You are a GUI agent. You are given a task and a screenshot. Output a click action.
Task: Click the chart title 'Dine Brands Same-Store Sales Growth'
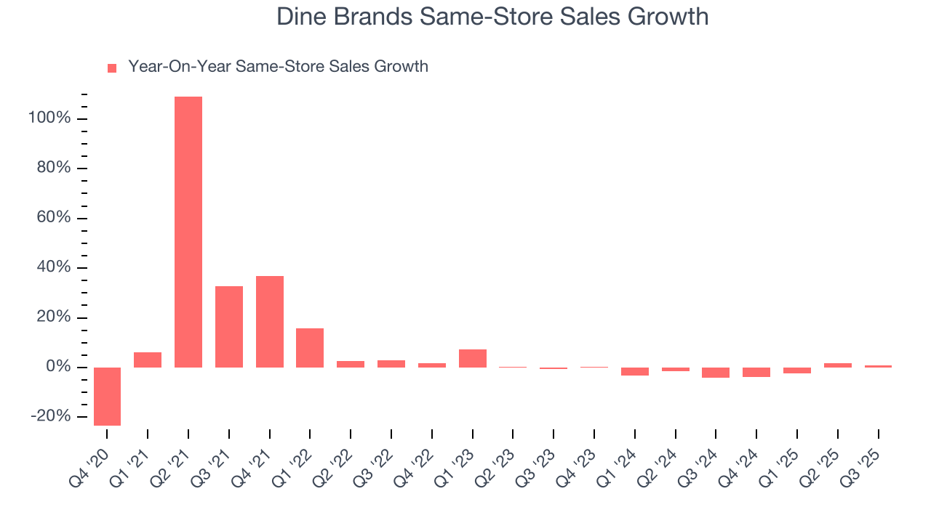click(492, 17)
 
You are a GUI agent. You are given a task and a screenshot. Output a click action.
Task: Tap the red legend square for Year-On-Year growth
click(112, 68)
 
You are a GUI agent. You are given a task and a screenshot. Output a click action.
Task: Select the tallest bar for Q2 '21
click(188, 232)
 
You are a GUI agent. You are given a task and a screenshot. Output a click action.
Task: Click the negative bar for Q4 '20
click(108, 396)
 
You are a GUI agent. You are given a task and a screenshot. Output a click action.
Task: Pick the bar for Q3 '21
click(229, 327)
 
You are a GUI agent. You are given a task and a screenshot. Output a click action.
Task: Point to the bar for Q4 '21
click(270, 322)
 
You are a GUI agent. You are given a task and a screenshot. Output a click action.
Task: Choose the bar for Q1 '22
click(310, 348)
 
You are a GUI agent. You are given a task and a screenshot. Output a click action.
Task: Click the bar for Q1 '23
click(473, 358)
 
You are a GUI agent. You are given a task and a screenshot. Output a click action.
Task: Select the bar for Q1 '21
click(148, 360)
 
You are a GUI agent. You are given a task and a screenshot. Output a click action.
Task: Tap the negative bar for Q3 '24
click(716, 373)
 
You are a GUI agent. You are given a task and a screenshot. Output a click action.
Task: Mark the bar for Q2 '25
click(838, 365)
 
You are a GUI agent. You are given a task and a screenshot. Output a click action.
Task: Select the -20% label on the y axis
click(50, 416)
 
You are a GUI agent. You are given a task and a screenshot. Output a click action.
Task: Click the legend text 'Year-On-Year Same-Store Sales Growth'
click(278, 67)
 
